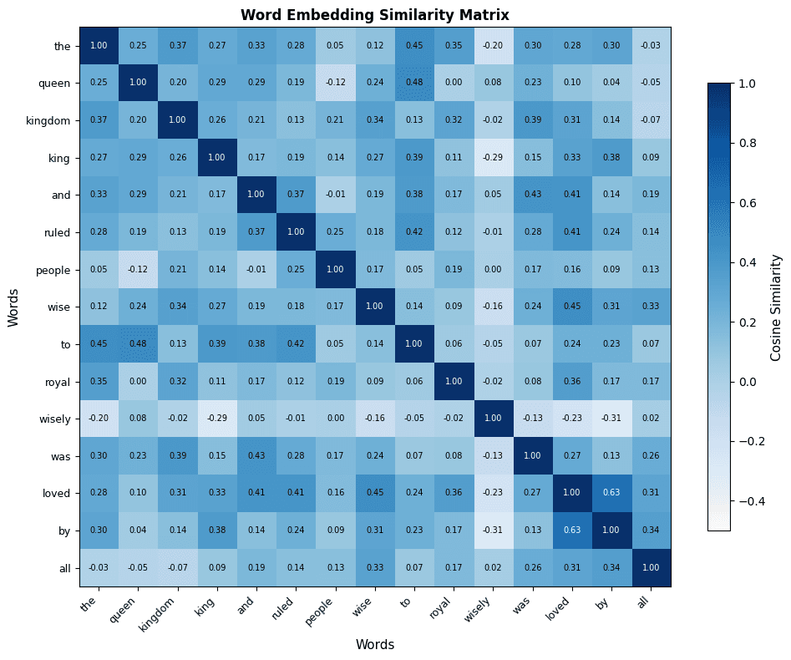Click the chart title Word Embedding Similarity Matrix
pos(374,15)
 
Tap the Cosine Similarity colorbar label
pos(776,307)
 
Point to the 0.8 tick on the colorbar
pos(748,143)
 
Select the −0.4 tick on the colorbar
pos(750,500)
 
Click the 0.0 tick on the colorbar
pos(748,382)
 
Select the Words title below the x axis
pos(374,644)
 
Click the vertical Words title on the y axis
pos(13,307)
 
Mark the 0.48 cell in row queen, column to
pos(414,83)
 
